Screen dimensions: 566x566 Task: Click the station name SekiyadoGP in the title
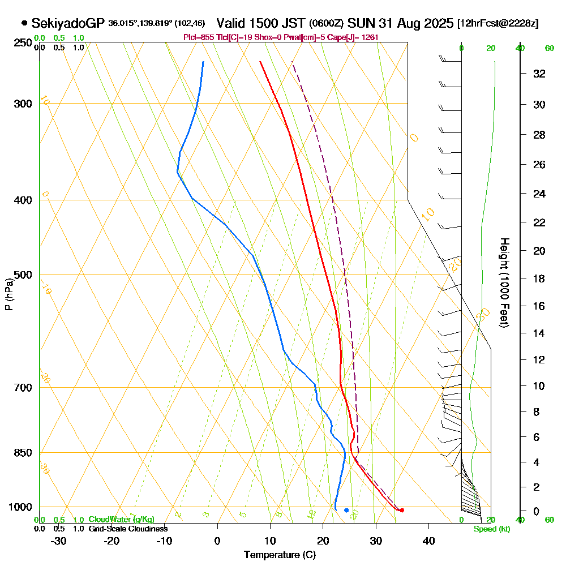[68, 23]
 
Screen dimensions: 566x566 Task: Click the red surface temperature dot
[401, 510]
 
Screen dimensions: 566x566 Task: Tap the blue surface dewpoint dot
[346, 510]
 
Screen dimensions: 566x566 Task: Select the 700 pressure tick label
[23, 388]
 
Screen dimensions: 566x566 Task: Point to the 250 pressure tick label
[23, 43]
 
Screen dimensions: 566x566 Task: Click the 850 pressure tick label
[23, 453]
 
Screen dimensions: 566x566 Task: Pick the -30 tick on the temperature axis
[59, 541]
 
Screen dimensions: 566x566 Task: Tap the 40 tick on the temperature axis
[428, 541]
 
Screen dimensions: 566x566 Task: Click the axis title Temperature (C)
[280, 555]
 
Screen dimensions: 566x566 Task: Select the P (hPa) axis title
[8, 294]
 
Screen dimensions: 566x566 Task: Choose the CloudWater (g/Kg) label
[121, 520]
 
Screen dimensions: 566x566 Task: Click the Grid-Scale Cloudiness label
[127, 529]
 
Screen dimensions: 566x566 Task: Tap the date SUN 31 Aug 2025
[400, 23]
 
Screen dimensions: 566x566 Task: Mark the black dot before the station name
[24, 23]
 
